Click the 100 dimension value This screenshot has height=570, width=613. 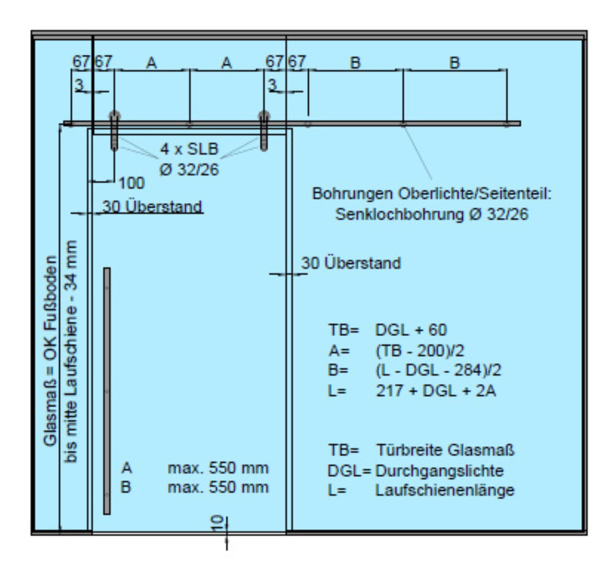tap(131, 183)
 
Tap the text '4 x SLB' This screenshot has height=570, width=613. tap(189, 149)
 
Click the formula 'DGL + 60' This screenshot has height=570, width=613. tap(411, 330)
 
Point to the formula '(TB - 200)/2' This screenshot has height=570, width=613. tap(420, 351)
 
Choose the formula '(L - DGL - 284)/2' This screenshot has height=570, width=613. tap(439, 370)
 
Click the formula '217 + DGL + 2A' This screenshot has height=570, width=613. tap(436, 391)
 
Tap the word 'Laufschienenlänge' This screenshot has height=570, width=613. tap(445, 490)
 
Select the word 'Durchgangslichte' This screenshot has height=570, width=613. tap(439, 471)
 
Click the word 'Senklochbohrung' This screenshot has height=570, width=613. tap(400, 214)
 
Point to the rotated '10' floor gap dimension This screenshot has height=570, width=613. tap(218, 523)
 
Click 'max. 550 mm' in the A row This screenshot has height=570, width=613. tap(218, 468)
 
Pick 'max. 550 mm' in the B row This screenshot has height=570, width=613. tap(218, 487)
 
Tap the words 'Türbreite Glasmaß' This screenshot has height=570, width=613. tap(445, 450)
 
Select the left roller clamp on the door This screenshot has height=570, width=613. tap(115, 131)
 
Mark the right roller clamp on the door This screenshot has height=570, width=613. tap(264, 131)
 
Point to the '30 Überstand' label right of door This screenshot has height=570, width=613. tap(351, 263)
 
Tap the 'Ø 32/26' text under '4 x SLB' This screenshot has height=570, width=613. tap(189, 169)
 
